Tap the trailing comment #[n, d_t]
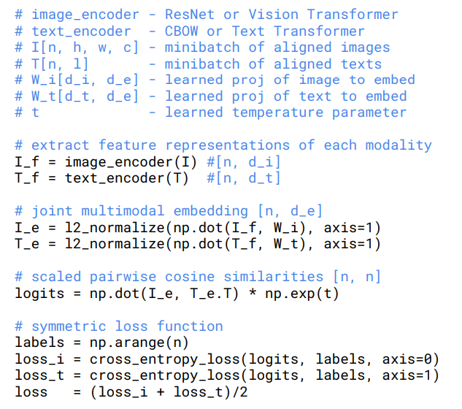[x=244, y=178]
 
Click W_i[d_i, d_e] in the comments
[x=85, y=80]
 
